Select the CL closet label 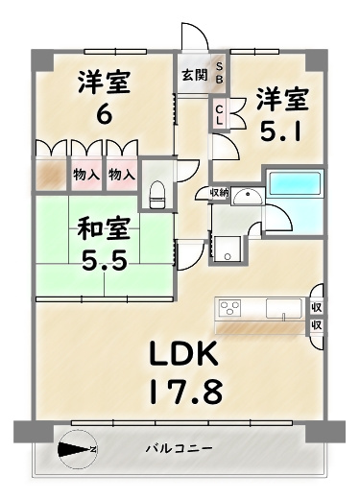219,115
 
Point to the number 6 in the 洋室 103,114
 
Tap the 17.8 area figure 188,392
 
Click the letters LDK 188,355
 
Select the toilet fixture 156,192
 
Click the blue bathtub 297,183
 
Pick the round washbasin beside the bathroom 244,198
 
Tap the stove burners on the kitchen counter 230,308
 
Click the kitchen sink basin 285,308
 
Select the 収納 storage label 219,193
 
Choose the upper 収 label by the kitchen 317,307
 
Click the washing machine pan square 227,251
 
